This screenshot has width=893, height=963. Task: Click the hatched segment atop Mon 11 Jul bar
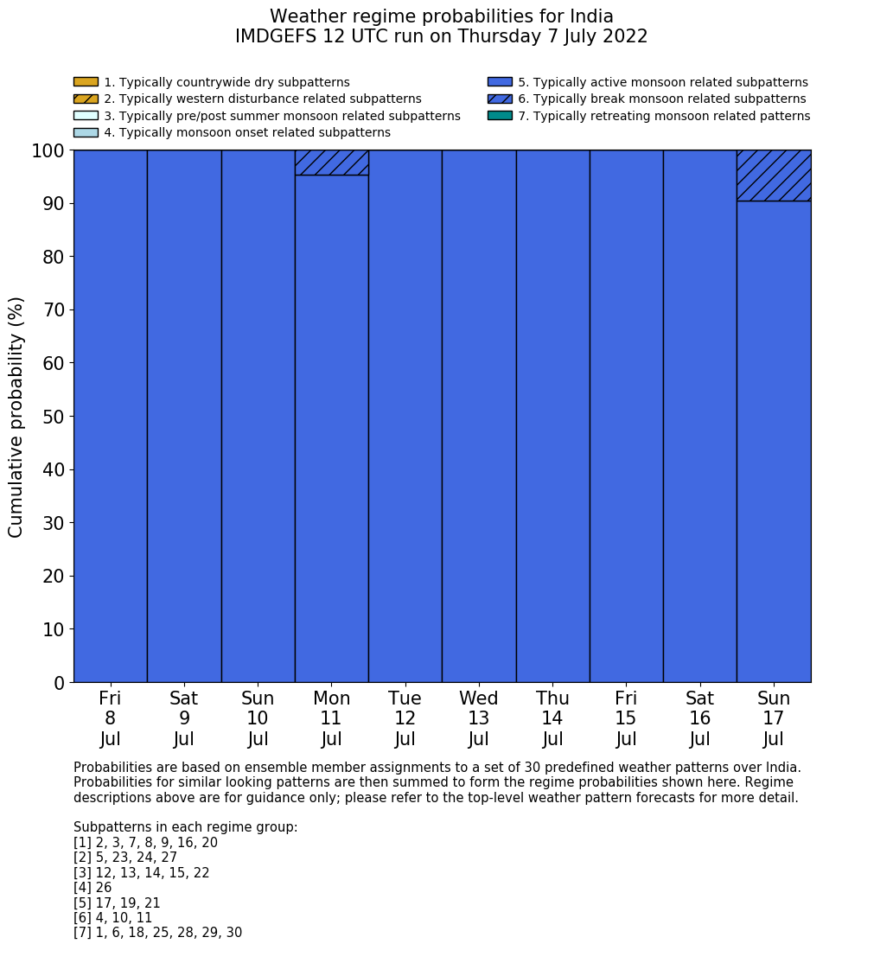[x=331, y=163]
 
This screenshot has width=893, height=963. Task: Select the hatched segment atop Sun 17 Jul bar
[x=774, y=175]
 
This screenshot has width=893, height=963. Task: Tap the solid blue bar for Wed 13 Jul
[x=479, y=415]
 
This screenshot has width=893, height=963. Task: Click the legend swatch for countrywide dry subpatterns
[x=86, y=82]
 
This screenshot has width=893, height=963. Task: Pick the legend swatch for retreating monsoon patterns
[x=500, y=116]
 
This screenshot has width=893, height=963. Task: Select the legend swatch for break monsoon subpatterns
[x=500, y=99]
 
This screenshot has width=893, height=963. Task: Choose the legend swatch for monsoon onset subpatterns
[x=86, y=132]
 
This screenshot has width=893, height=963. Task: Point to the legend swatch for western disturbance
[x=86, y=99]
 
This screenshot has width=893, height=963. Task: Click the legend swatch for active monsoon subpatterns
[x=500, y=82]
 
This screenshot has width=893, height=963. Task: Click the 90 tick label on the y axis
[x=54, y=204]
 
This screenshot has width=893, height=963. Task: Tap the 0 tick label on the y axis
[x=59, y=683]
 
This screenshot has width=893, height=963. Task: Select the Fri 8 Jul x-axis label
[x=110, y=718]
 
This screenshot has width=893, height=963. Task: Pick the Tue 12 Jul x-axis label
[x=405, y=718]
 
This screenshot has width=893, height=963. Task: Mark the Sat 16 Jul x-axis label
[x=699, y=718]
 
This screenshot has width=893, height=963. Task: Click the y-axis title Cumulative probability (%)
[x=16, y=417]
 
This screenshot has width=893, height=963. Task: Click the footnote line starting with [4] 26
[x=92, y=888]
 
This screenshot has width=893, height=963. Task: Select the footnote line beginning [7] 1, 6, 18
[x=157, y=933]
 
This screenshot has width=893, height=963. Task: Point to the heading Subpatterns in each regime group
[x=185, y=827]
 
